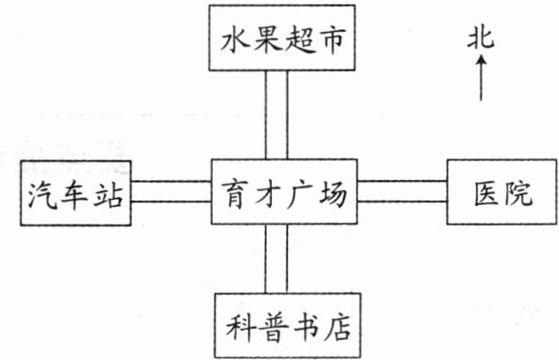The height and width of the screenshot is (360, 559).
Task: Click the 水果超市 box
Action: [x=282, y=39]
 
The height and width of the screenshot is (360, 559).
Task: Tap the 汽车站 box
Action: [x=76, y=192]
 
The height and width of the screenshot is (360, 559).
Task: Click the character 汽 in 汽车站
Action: [x=43, y=193]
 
